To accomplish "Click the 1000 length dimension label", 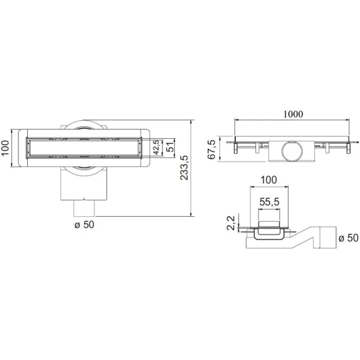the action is tap(293, 114).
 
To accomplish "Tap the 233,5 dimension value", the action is tap(184, 168).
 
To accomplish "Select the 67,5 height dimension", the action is tap(212, 150).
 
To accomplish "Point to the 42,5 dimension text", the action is tap(157, 148).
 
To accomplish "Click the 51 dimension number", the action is tap(170, 147).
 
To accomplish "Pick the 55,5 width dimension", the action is tap(269, 202).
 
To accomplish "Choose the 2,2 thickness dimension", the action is tap(231, 223).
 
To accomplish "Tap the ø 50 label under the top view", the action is tap(84, 224).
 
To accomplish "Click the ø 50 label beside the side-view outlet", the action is tap(349, 238).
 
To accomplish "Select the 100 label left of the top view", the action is tap(5, 148).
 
